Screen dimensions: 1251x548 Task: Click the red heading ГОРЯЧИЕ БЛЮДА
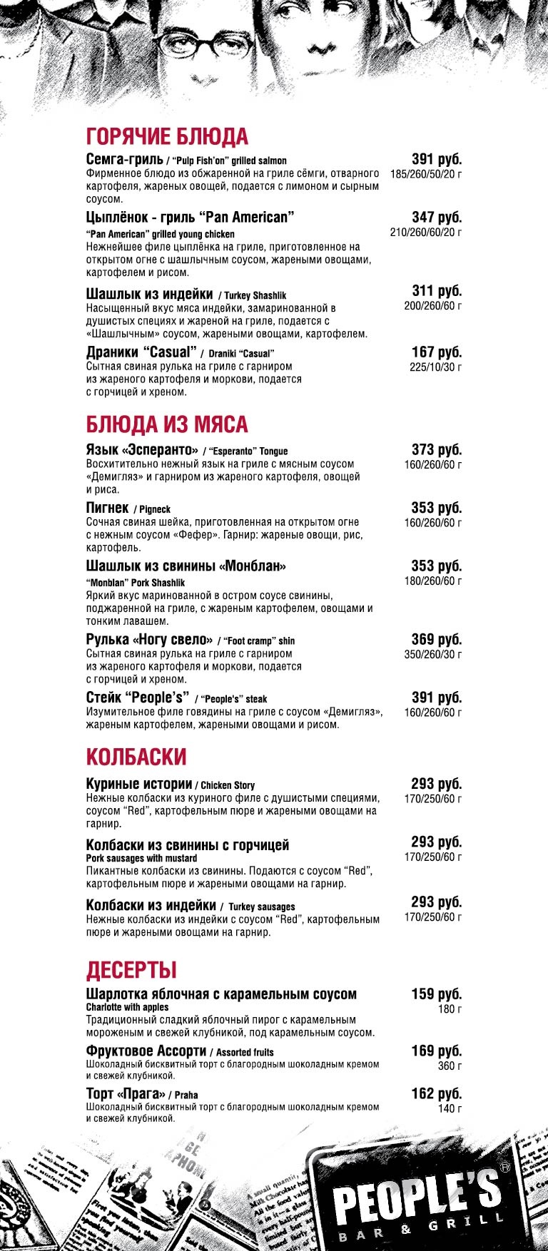(167, 136)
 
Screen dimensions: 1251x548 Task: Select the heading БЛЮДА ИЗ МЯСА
(167, 424)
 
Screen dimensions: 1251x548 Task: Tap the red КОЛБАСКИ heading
(136, 757)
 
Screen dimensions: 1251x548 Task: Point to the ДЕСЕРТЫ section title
(131, 970)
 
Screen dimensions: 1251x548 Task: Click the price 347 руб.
(437, 218)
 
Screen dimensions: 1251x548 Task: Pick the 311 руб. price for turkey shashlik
(437, 291)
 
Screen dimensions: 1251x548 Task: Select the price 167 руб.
(437, 352)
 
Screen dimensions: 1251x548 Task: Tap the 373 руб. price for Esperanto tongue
(437, 450)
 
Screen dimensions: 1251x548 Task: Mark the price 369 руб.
(437, 640)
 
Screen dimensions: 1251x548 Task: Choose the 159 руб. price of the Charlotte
(437, 994)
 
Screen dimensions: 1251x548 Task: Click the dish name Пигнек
(107, 508)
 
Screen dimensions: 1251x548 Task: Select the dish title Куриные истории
(139, 784)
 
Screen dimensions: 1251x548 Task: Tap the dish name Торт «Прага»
(126, 1094)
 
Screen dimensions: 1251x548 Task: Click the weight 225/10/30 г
(435, 367)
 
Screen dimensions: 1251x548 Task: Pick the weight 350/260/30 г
(432, 655)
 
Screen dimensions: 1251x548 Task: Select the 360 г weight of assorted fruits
(450, 1066)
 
